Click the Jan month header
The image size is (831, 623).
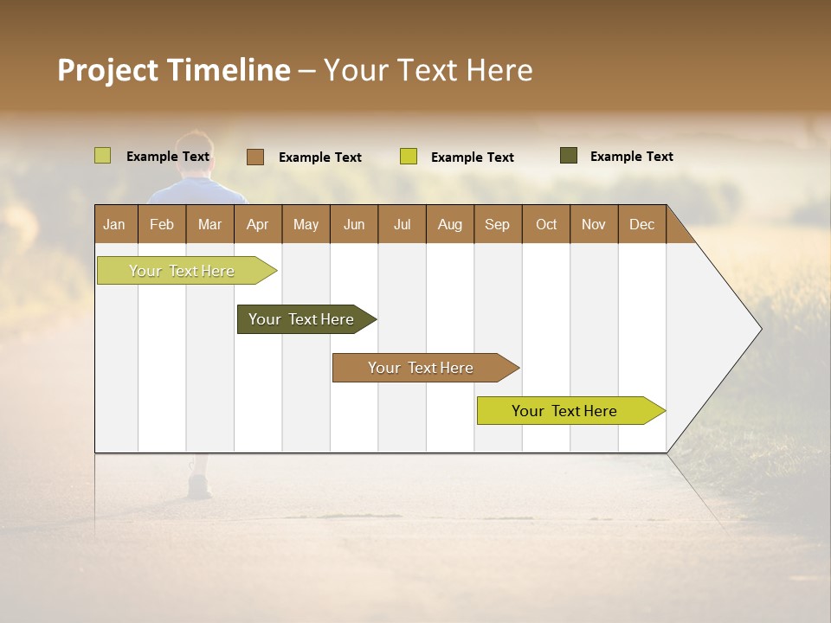coord(114,224)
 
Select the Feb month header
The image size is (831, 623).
coord(162,224)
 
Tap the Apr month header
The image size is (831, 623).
coord(257,224)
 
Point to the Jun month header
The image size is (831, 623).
coord(354,224)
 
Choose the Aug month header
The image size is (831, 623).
coord(449,224)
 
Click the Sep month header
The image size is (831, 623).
coord(497,224)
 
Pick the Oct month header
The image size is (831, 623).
coord(546,224)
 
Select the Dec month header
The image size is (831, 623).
coord(641,224)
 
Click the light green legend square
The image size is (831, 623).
coord(102,156)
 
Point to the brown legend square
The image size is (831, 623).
coord(254,157)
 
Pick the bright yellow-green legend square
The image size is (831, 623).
coord(409,157)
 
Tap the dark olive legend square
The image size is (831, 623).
coord(568,156)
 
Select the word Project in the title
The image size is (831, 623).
coord(108,70)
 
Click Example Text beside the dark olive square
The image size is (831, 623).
coord(631,156)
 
